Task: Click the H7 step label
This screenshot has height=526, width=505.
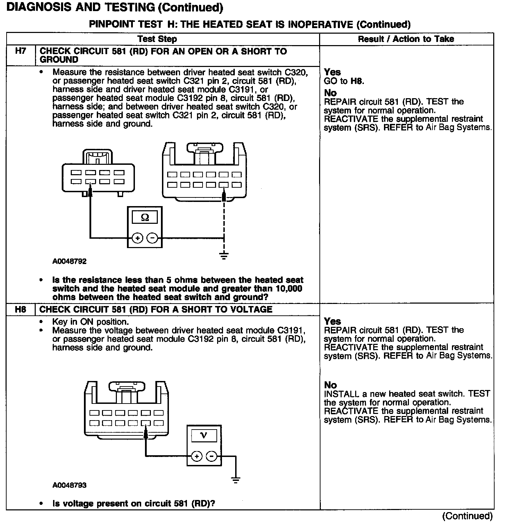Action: click(21, 51)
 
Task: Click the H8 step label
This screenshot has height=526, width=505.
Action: click(21, 309)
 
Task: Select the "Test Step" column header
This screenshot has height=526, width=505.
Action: click(157, 39)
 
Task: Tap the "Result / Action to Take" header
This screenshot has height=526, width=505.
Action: click(406, 39)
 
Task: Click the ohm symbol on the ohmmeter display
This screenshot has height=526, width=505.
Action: click(145, 218)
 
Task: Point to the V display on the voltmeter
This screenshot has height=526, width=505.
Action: click(204, 435)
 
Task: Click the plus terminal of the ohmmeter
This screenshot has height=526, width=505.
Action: click(138, 238)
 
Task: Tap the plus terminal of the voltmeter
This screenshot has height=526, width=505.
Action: click(197, 456)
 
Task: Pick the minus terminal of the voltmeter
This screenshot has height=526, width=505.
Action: click(211, 456)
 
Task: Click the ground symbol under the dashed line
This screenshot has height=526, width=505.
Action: click(224, 257)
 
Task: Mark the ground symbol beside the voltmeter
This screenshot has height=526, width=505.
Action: click(236, 480)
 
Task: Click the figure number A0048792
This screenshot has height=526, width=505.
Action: click(69, 261)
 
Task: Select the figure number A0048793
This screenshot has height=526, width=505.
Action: click(69, 485)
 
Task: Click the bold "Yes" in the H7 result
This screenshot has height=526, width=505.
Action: click(332, 72)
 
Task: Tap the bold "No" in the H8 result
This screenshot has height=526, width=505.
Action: click(330, 385)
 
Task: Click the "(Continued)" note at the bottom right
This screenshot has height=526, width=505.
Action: click(467, 516)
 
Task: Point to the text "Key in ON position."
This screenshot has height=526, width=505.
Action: click(91, 322)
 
